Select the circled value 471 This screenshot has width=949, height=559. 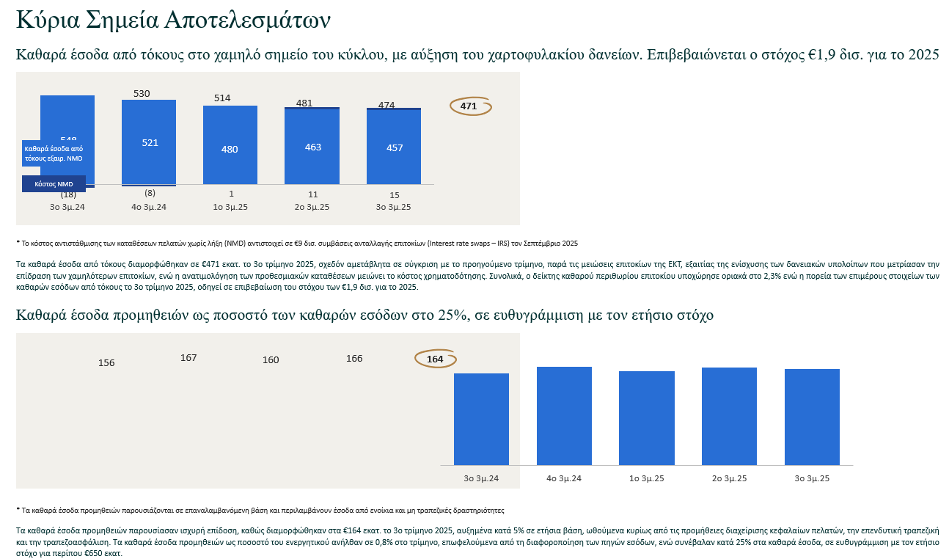(469, 106)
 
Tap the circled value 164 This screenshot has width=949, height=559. (435, 359)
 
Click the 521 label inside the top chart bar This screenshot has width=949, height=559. (150, 143)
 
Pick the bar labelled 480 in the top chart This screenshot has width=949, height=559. (230, 149)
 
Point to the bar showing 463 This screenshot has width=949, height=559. (312, 147)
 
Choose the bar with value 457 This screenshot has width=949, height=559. (395, 148)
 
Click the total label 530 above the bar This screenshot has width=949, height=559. (142, 94)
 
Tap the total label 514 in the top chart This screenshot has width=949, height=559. (222, 98)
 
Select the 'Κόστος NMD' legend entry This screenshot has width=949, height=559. (54, 184)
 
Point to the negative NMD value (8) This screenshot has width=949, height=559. (150, 194)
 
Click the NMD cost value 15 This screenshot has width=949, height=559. (395, 195)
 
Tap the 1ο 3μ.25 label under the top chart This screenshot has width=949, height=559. (230, 207)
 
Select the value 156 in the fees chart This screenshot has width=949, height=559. (106, 363)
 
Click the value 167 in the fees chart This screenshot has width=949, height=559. (188, 358)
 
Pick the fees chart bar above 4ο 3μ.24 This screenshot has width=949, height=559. (564, 415)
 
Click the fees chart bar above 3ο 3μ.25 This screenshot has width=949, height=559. (812, 417)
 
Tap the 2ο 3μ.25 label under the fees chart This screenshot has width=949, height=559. (729, 478)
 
